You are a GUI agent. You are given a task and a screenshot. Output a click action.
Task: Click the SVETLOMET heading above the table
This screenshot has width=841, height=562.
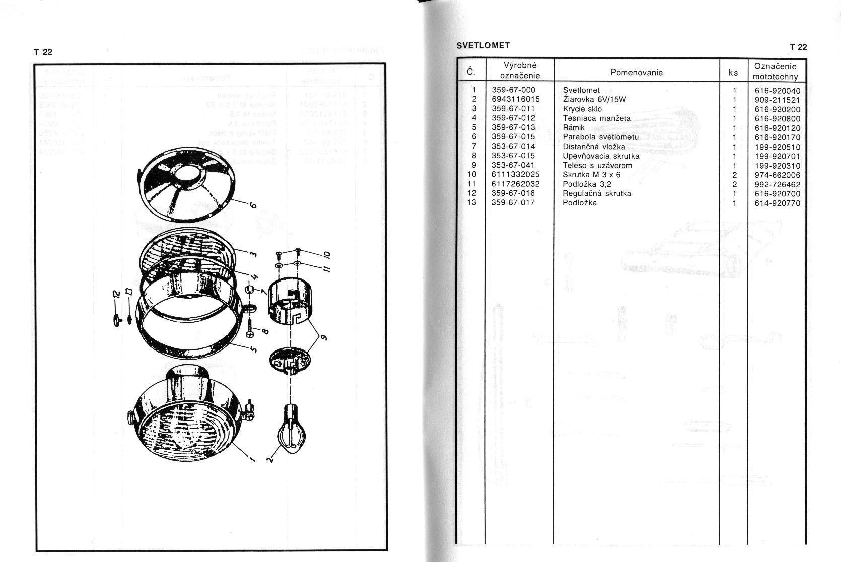(x=483, y=45)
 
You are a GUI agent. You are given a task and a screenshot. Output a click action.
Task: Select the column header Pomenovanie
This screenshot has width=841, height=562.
(x=637, y=72)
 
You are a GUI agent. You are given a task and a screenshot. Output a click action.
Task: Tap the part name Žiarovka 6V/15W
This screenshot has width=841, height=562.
(x=594, y=100)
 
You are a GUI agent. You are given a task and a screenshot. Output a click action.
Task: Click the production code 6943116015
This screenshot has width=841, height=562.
(x=516, y=99)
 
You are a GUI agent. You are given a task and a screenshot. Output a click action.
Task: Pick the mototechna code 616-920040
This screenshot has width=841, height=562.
(x=778, y=91)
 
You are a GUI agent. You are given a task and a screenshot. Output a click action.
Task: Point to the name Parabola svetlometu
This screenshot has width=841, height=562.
(x=600, y=137)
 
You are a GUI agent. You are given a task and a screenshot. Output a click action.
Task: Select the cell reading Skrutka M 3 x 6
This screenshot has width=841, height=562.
(x=591, y=175)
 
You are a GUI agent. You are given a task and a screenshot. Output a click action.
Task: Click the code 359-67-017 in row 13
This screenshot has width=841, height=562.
(x=513, y=203)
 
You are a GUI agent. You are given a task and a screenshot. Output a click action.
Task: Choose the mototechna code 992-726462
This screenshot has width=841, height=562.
(x=778, y=185)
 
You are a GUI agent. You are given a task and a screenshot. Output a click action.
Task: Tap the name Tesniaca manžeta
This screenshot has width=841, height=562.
(x=597, y=118)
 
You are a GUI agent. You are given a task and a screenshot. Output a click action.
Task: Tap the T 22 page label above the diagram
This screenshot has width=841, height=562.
(x=43, y=52)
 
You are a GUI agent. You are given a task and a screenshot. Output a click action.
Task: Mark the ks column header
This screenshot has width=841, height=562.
(x=733, y=73)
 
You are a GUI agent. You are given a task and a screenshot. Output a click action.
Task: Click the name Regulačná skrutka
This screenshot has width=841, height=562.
(x=597, y=193)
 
